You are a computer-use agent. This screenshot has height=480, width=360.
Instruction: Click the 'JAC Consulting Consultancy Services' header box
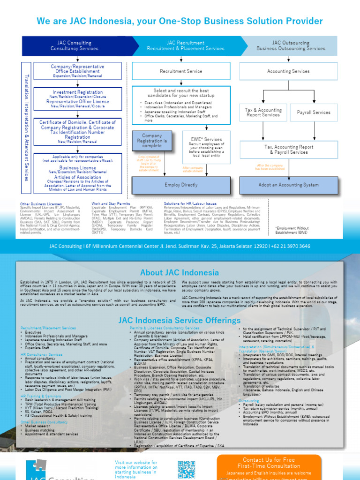[x=71, y=45]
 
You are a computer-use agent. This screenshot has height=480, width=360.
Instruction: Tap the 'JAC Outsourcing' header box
[x=291, y=45]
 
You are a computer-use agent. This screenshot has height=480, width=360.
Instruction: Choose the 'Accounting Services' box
[x=288, y=71]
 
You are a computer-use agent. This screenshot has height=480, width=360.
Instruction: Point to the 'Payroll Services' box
[x=314, y=112]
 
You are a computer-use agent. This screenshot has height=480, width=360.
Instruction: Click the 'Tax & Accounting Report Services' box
[x=263, y=112]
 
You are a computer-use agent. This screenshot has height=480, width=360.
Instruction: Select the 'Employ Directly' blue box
[x=181, y=185]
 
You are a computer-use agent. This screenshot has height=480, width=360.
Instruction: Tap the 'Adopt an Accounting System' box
[x=288, y=185]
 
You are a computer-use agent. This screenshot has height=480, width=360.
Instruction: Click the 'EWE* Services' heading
[x=207, y=139]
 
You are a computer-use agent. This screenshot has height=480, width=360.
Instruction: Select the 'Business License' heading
[x=77, y=167]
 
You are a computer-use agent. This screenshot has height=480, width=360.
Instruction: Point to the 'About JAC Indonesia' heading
[x=180, y=272]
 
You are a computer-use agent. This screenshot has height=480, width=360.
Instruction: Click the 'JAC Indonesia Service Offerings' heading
[x=180, y=321]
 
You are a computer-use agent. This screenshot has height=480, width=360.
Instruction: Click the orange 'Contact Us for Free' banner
[x=269, y=466]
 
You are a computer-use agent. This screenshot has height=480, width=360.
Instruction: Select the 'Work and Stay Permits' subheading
[x=111, y=204]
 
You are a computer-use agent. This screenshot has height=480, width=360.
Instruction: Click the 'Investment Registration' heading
[x=77, y=92]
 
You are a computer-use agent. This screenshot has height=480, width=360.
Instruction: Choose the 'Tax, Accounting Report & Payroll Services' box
[x=288, y=150]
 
